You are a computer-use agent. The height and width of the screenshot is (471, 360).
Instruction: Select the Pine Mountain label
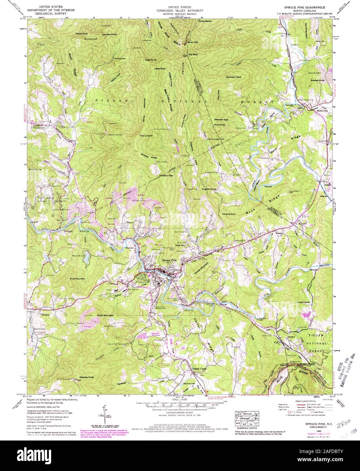78,279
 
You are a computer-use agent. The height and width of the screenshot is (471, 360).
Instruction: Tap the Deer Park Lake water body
86,259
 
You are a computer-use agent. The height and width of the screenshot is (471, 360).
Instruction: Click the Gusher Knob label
316,80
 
